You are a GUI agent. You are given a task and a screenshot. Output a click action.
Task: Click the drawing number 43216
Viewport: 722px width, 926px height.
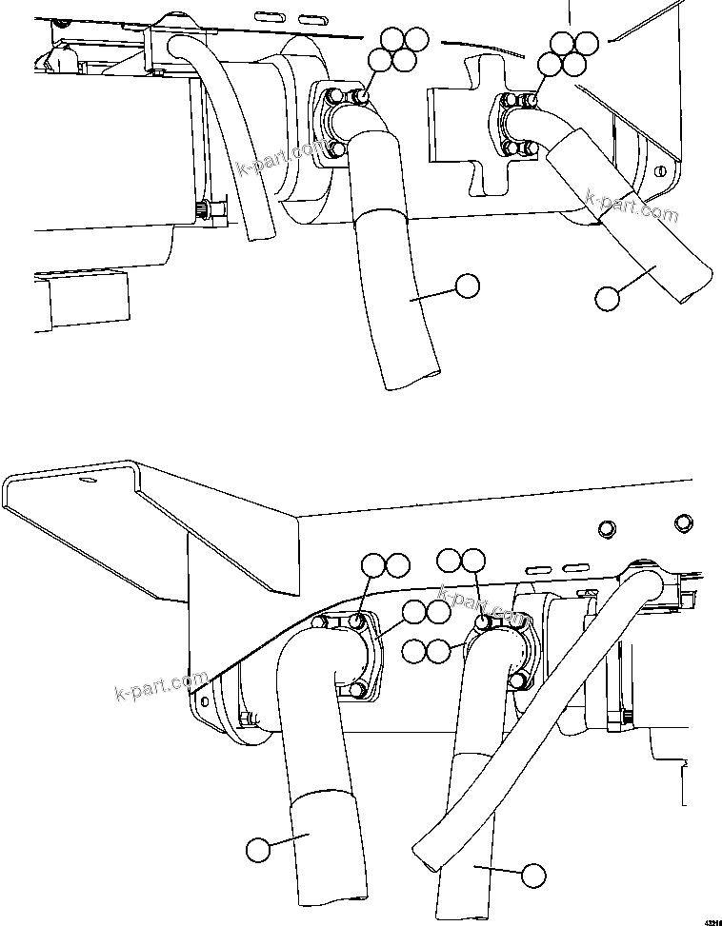point(712,920)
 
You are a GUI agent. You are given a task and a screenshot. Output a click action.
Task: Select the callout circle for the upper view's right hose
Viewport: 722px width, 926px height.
point(606,298)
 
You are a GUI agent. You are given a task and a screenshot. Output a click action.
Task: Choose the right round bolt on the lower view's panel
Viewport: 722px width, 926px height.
point(682,522)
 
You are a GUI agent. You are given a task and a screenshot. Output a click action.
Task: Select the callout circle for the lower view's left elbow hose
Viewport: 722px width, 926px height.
point(257,849)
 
